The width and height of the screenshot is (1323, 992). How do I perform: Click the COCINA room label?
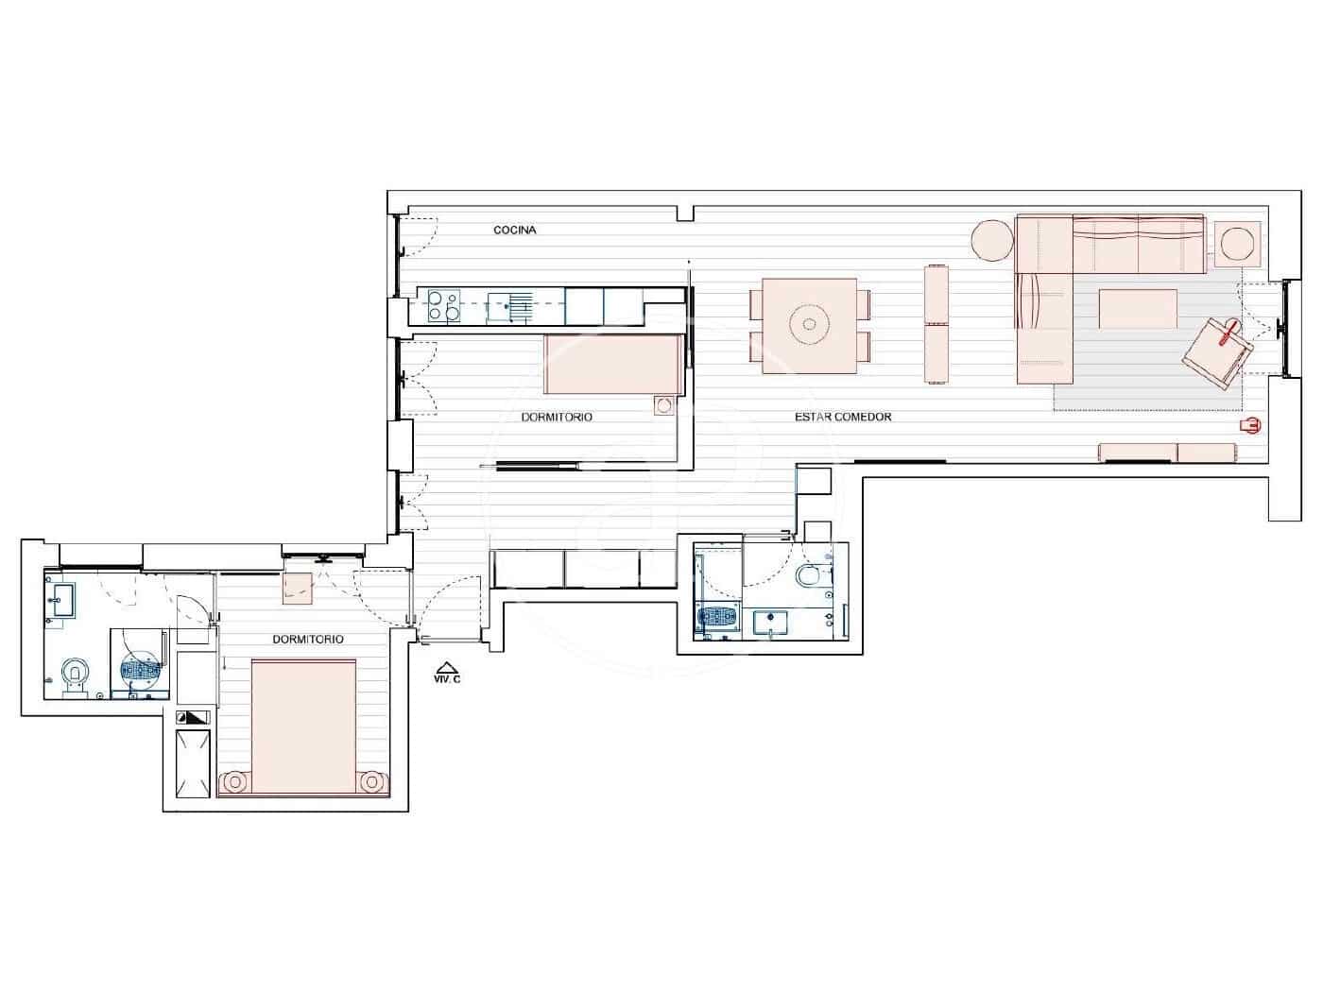point(515,231)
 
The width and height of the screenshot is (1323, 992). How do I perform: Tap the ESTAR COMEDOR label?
point(843,417)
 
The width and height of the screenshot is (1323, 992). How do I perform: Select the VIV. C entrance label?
point(446,679)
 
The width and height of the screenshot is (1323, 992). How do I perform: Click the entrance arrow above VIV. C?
point(447,666)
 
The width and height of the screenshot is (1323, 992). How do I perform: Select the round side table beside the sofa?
point(993,240)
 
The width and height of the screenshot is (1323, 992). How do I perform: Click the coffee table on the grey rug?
point(1138,309)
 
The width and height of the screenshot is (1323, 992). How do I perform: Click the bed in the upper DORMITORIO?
point(613,365)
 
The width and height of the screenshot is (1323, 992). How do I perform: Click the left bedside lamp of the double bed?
point(233,782)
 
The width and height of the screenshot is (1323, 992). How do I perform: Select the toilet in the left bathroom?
point(74,674)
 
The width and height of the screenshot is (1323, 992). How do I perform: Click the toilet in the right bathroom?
point(811,575)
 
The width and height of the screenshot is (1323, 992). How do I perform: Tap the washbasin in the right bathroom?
point(772,623)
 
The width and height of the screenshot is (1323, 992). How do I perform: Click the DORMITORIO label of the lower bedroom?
point(308,640)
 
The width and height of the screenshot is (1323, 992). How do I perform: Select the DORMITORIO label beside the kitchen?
point(557,417)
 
